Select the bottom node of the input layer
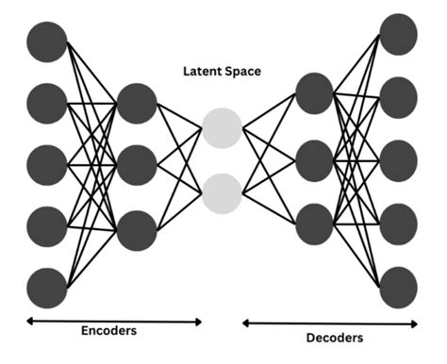coord(47,287)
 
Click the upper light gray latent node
coord(222,127)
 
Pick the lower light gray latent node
coord(222,192)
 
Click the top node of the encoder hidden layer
coord(137,103)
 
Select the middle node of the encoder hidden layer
coord(137,165)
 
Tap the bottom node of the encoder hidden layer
coord(137,230)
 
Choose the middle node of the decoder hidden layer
coord(314,157)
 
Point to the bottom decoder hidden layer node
coord(314,223)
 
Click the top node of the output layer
coord(398,35)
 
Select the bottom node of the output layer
coord(398,287)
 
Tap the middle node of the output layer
coord(398,160)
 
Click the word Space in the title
coord(243,72)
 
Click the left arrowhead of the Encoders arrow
coord(29,322)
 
